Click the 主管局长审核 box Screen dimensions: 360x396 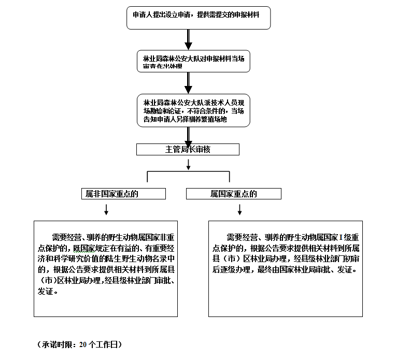188,149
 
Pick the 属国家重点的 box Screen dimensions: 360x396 234,194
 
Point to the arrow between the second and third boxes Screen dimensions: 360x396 189,82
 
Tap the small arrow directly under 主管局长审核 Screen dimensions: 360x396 189,164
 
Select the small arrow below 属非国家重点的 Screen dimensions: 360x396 106,209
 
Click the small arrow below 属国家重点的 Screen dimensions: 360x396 239,209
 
